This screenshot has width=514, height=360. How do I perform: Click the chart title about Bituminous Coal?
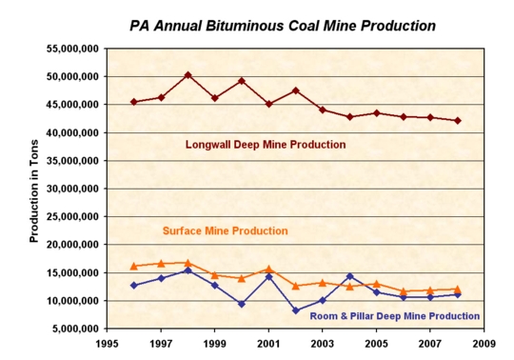269,24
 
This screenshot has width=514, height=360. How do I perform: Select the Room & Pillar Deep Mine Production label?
393,315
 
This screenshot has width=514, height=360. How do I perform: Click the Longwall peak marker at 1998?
188,74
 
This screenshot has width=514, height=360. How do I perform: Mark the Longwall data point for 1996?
133,102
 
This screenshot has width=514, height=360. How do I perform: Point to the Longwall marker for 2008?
458,121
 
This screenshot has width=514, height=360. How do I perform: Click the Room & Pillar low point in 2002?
296,310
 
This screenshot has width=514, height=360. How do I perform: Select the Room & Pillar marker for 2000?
242,304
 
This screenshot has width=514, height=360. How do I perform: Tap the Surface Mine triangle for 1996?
133,266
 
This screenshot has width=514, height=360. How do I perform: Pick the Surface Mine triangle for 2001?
268,270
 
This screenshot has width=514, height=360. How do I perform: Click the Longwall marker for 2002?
296,90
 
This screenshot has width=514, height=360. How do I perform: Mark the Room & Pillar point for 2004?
349,276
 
